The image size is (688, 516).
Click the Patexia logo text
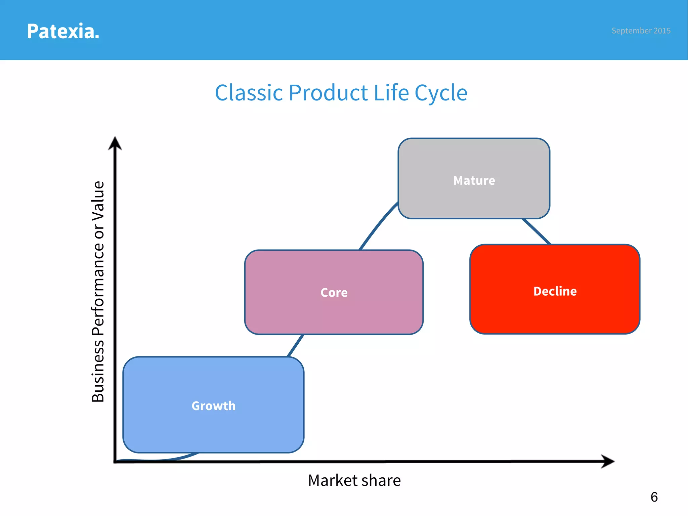[x=63, y=31]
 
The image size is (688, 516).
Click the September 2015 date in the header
[x=641, y=31]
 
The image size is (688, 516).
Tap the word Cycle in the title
[x=441, y=93]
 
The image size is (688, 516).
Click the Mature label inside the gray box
[x=474, y=180]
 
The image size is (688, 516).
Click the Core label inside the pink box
[x=334, y=292]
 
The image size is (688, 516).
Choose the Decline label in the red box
[x=555, y=291]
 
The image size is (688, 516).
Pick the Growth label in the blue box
[x=213, y=406]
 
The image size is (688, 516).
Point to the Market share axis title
[x=354, y=480]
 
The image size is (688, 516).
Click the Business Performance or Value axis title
[x=98, y=292]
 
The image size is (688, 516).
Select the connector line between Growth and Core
[x=296, y=346]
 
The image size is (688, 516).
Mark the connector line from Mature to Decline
[x=536, y=231]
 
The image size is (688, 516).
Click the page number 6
[x=654, y=497]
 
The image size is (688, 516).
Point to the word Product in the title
[x=328, y=93]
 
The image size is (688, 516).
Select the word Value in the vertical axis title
[x=98, y=201]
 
